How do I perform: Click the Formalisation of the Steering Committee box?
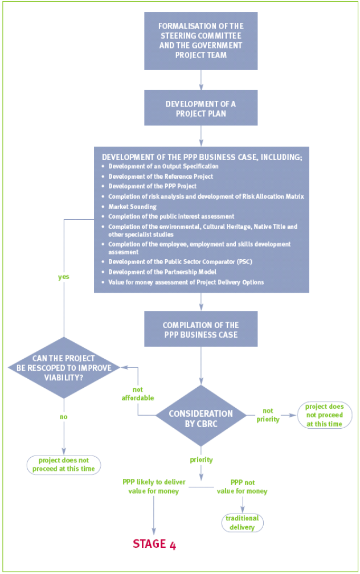pos(201,40)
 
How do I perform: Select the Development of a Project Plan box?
pos(201,108)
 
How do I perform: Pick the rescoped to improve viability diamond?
pos(64,367)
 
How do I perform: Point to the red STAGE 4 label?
pos(154,544)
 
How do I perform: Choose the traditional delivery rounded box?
pos(242,522)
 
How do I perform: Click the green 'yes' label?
pos(64,277)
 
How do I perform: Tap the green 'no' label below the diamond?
pos(64,416)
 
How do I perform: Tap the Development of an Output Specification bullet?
pos(163,166)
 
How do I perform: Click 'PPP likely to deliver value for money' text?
pos(154,486)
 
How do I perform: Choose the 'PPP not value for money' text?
pos(243,486)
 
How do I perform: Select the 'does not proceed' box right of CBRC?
pos(324,415)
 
